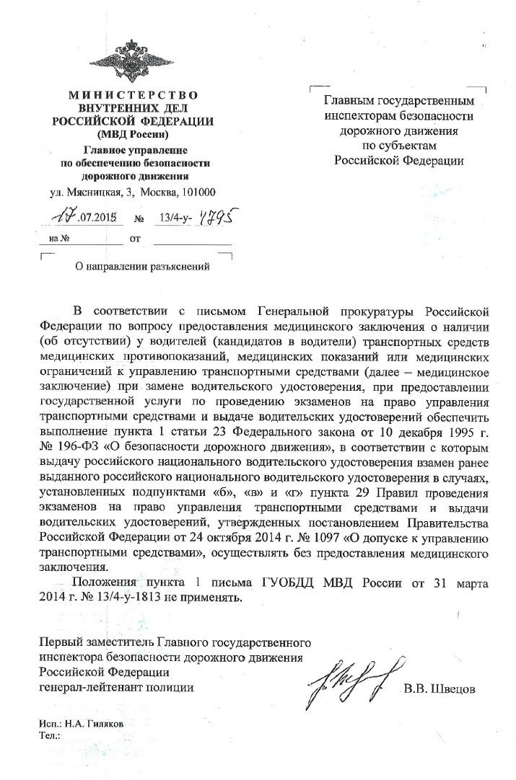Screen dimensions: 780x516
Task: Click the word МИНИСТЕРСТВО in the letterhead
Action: pyautogui.click(x=133, y=95)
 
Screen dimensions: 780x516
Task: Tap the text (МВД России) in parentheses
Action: pyautogui.click(x=133, y=133)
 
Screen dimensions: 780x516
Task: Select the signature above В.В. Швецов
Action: pyautogui.click(x=351, y=678)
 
